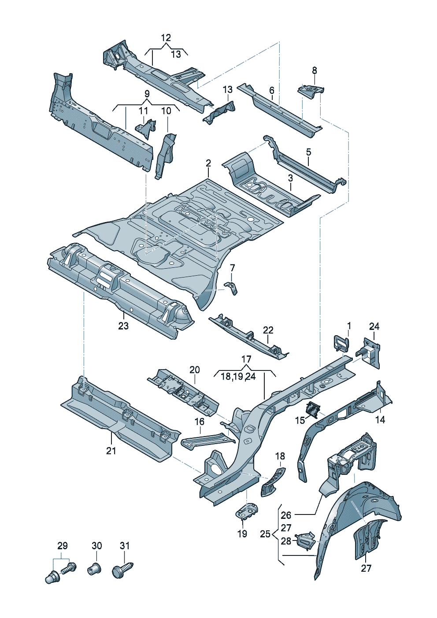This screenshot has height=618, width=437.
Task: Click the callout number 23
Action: coord(123,326)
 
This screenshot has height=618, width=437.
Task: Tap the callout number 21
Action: coord(111,451)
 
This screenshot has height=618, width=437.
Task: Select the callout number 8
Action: coord(314,70)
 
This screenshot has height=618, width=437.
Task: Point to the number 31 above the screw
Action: coord(125,546)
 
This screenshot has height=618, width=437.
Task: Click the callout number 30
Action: coord(96,546)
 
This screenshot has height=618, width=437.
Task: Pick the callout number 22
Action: coord(268,330)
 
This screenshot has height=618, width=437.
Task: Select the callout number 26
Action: coord(286,515)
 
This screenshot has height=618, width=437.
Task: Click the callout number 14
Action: coord(380,420)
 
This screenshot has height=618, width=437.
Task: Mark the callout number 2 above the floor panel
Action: coord(208,163)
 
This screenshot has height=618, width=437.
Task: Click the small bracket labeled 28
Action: coord(306,539)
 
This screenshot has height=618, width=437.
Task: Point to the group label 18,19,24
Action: coord(238,377)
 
